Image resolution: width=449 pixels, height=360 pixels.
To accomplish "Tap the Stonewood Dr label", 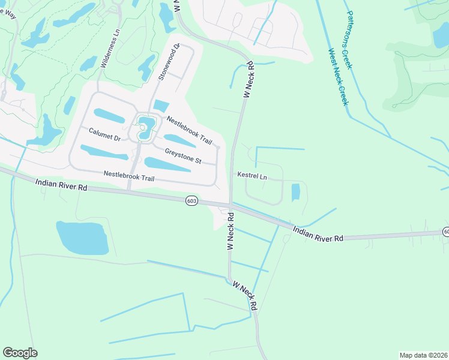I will tap(169, 62).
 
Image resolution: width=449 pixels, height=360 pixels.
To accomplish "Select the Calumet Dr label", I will tap(105, 134).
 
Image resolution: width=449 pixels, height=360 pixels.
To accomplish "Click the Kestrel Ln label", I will tap(252, 176).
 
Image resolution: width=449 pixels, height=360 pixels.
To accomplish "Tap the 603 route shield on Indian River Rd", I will tap(191, 200).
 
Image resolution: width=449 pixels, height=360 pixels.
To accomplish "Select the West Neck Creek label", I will tap(337, 78).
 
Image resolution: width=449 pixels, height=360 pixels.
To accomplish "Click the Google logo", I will tap(20, 352).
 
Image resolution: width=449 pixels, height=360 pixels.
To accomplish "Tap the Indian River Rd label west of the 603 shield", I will tap(61, 184).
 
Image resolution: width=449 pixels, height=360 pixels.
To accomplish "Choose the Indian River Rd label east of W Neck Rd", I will tap(318, 234).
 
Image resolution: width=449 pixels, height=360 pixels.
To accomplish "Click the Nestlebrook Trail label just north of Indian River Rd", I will tap(129, 176).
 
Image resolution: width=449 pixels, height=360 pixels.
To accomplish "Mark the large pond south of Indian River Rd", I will tap(82, 238).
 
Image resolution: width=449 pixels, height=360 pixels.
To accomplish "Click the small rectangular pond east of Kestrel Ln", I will tap(295, 193).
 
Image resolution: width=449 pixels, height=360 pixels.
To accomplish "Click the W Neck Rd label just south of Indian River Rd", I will tap(230, 233).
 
